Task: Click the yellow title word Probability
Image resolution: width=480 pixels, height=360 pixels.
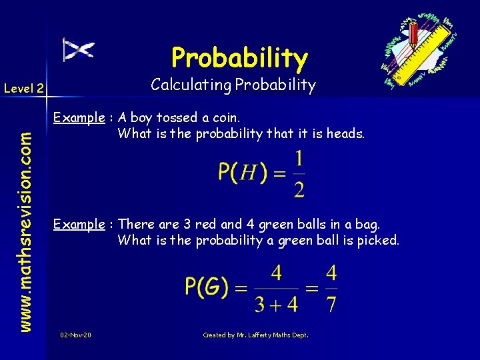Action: point(239,58)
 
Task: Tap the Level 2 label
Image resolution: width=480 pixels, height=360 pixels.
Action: point(23,87)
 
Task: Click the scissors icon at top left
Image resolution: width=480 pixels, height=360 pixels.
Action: point(78,49)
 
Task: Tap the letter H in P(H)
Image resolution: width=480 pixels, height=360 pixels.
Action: point(248,174)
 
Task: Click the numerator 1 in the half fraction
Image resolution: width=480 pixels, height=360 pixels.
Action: point(299,159)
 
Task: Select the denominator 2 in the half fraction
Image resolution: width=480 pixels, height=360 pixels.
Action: point(299,189)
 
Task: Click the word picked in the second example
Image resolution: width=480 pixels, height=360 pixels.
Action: point(379,240)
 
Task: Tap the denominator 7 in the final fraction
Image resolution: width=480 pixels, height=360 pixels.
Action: point(331,305)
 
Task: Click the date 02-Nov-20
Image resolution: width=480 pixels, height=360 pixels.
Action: point(76,335)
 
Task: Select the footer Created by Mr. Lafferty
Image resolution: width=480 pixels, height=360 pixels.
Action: point(255,335)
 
